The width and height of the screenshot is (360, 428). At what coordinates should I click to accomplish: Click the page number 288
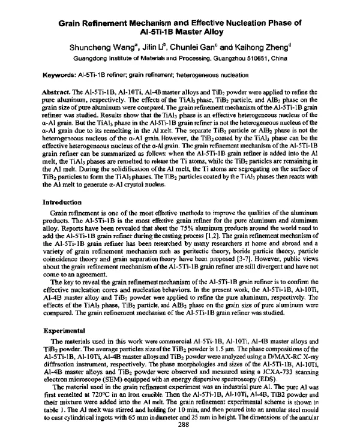pos(179,422)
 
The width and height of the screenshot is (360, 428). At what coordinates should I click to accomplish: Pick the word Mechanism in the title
pos(149,22)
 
